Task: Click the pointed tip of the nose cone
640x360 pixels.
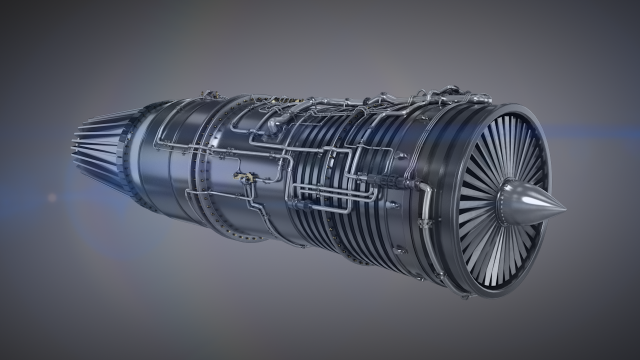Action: (564, 210)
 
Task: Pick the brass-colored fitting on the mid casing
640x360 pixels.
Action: (243, 177)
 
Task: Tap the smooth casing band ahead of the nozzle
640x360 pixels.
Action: (150, 160)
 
